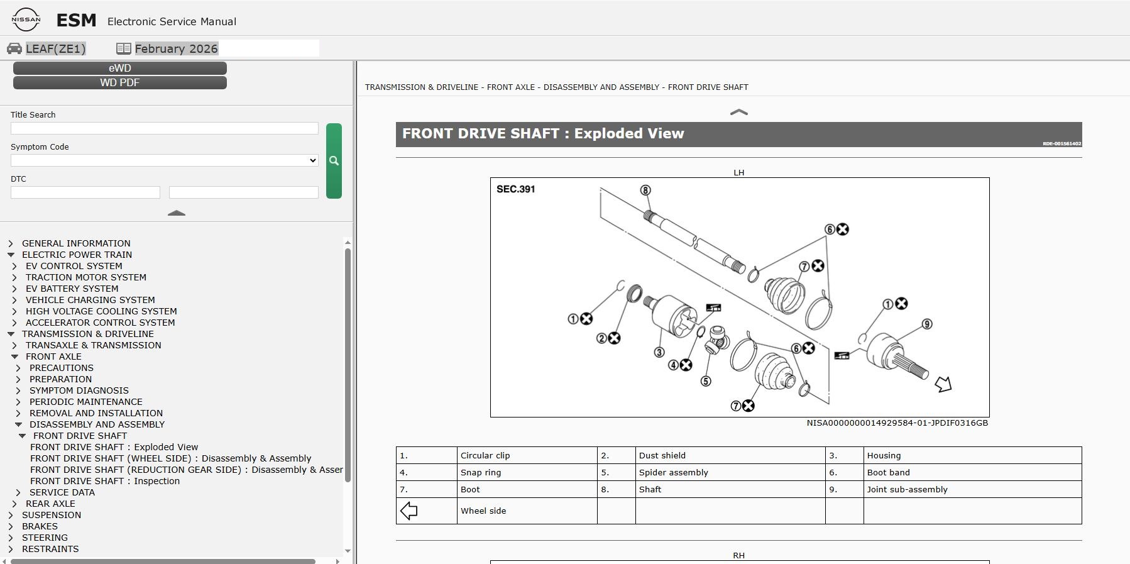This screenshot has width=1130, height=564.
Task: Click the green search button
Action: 334,161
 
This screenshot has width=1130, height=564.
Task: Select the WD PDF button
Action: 120,82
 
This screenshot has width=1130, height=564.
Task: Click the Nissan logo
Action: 26,19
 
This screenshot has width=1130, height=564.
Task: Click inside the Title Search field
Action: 165,128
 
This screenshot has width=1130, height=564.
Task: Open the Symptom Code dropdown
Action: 165,160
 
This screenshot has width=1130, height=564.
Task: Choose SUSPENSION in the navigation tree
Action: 52,515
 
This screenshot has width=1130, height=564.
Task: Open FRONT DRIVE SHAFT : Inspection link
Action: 105,481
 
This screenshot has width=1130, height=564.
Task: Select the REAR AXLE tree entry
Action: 50,504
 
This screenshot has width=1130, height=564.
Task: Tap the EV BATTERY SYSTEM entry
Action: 72,289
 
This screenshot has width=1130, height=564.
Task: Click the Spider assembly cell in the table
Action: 730,472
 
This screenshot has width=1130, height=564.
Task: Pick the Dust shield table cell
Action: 730,455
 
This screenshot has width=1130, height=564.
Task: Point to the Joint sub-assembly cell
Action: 972,489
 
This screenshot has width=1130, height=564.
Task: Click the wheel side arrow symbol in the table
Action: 409,511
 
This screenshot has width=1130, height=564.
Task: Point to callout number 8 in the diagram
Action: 645,190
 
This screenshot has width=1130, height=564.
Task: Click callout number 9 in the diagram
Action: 927,324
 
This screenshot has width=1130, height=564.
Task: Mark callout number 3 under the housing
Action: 659,352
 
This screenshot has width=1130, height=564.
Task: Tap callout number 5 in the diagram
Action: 706,381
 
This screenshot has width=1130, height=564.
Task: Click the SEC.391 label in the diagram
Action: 516,189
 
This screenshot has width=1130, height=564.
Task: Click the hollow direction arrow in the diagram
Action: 943,384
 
